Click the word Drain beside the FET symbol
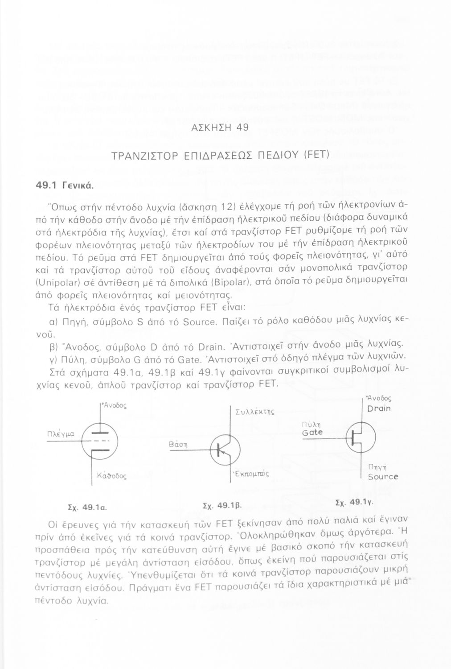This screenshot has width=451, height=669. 379,408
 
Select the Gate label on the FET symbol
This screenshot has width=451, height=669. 312,432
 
